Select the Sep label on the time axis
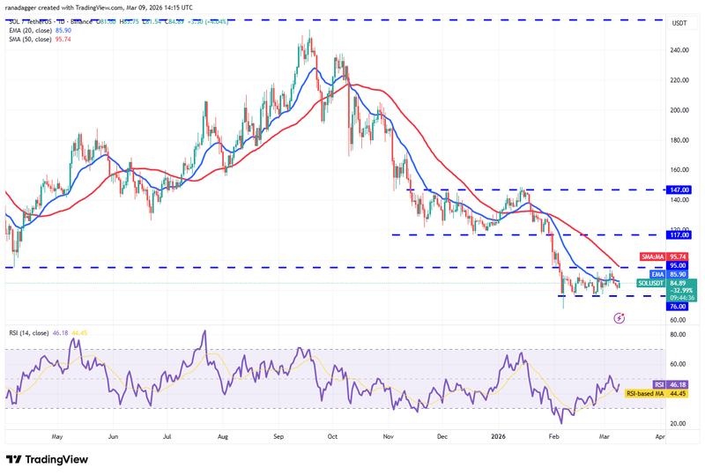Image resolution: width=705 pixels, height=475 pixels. [278, 435]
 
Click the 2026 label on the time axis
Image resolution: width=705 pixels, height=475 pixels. [497, 435]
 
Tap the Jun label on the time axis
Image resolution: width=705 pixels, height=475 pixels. [114, 435]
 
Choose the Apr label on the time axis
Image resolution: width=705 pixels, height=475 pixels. [661, 435]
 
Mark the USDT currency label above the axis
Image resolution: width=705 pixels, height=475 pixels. [679, 24]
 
